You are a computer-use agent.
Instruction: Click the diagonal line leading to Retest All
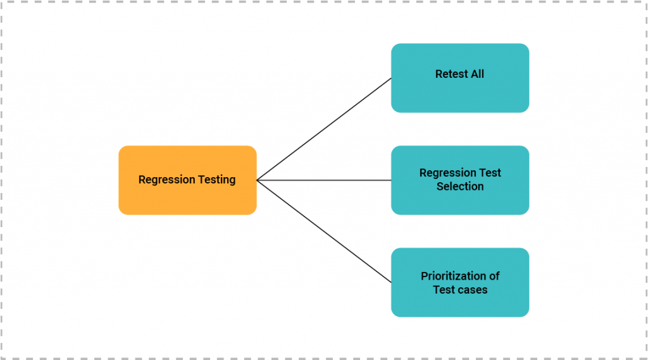pos(324,129)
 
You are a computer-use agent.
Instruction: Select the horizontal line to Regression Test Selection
pos(324,180)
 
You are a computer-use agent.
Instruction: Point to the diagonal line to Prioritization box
pos(324,232)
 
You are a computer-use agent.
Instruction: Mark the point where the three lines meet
pos(258,180)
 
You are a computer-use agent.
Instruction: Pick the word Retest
pos(450,74)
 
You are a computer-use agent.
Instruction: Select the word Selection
pos(460,187)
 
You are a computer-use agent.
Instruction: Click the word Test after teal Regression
pos(490,173)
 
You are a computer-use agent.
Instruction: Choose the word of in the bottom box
pos(494,276)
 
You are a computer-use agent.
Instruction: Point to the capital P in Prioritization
pos(425,276)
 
